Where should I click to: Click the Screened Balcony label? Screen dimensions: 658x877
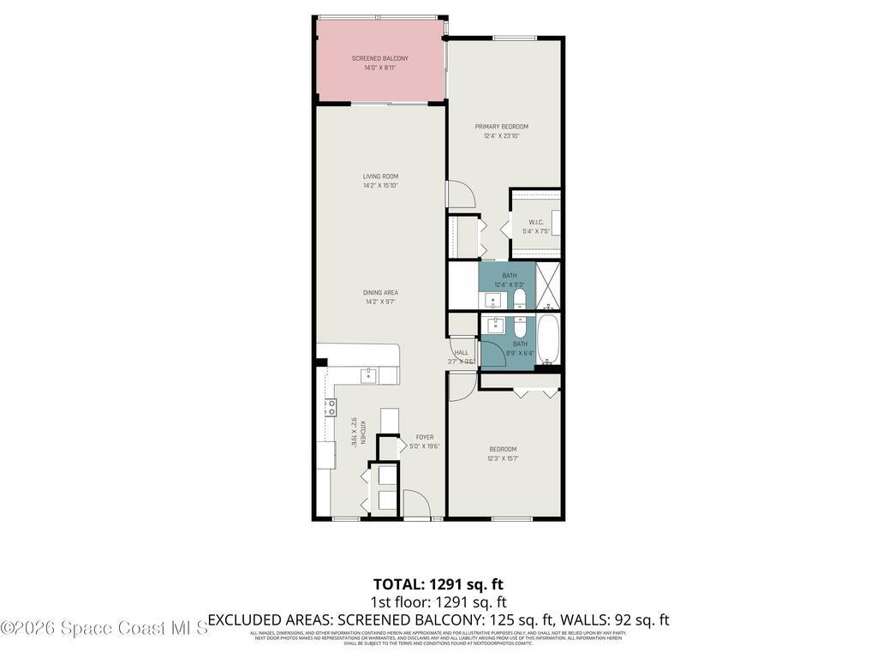point(379,58)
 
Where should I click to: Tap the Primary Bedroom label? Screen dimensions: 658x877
point(502,127)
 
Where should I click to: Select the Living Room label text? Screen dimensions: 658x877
point(380,176)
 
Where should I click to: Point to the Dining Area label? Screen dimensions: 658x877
point(380,292)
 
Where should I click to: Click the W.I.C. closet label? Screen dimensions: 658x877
point(536,223)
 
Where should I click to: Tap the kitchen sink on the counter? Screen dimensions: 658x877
point(367,374)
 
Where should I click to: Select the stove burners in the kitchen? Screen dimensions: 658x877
point(329,408)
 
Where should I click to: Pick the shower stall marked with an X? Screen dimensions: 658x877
point(549,286)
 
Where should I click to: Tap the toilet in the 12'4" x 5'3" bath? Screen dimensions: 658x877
point(520,299)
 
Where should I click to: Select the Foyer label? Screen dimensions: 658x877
point(425,437)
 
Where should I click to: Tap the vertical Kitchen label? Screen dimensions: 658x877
point(363,432)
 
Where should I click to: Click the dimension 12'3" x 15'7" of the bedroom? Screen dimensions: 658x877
point(503,458)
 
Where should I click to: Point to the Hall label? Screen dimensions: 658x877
point(462,352)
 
